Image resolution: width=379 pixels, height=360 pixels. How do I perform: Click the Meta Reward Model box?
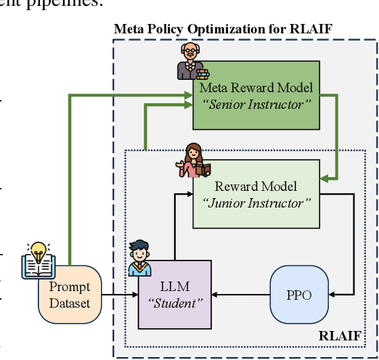[256, 96]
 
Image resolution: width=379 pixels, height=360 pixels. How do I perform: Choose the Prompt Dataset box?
[70, 294]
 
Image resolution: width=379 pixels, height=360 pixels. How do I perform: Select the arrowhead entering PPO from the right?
[333, 295]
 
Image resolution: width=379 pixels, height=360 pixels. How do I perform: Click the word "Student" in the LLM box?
[175, 303]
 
